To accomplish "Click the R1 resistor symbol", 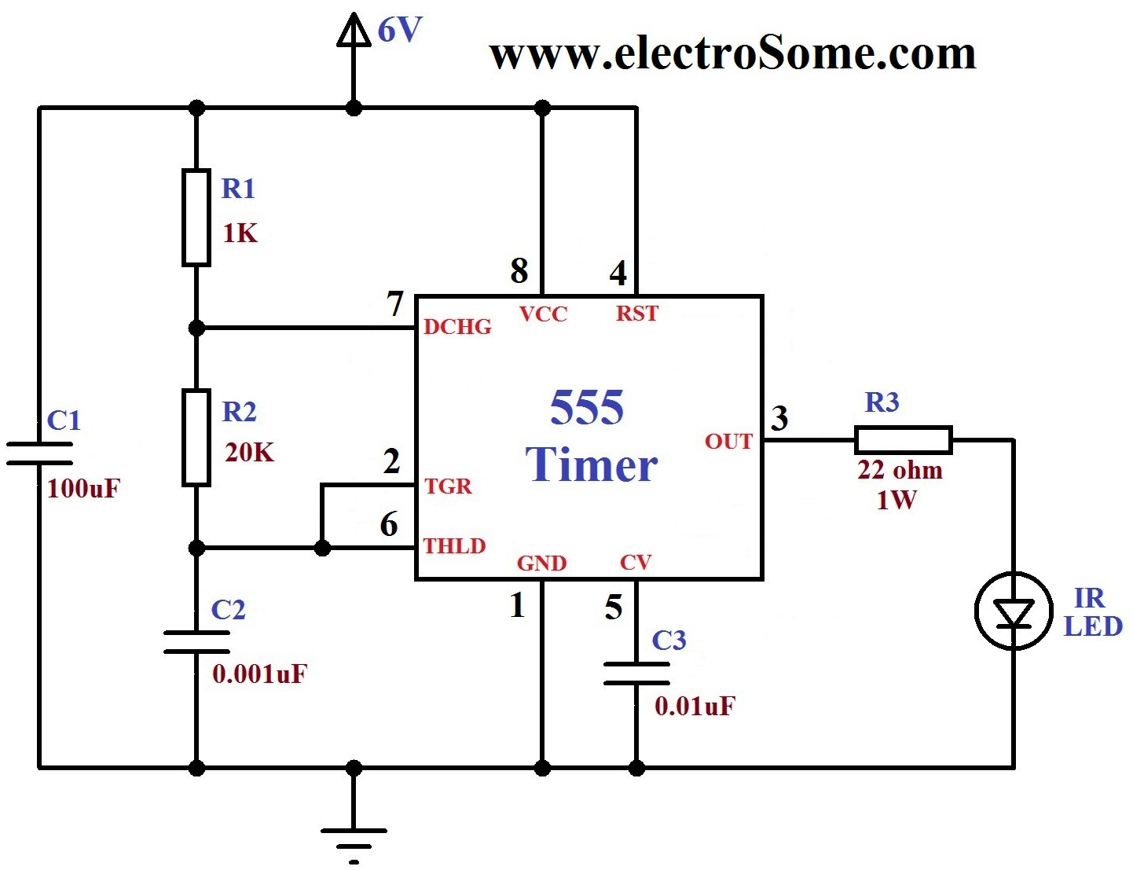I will [x=196, y=217].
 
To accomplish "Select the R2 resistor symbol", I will [x=196, y=438].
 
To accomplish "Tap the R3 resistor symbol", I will [x=903, y=440].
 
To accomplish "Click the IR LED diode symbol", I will [x=1014, y=611].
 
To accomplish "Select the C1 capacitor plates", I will [x=39, y=453].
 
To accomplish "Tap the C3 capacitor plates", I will [x=636, y=674].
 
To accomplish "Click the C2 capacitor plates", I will [x=196, y=642].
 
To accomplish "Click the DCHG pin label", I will [x=457, y=327].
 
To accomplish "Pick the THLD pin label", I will [x=455, y=546].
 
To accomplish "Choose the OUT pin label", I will [x=728, y=442].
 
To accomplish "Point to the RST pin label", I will [x=637, y=314].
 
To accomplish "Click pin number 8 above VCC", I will [x=519, y=271].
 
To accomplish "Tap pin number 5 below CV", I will [x=614, y=608].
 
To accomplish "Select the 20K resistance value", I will [x=250, y=453].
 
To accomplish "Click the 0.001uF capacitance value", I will [x=260, y=674].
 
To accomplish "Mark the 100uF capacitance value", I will [x=83, y=489].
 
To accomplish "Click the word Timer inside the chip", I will [x=591, y=464].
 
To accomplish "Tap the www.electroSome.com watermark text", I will [x=732, y=53].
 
